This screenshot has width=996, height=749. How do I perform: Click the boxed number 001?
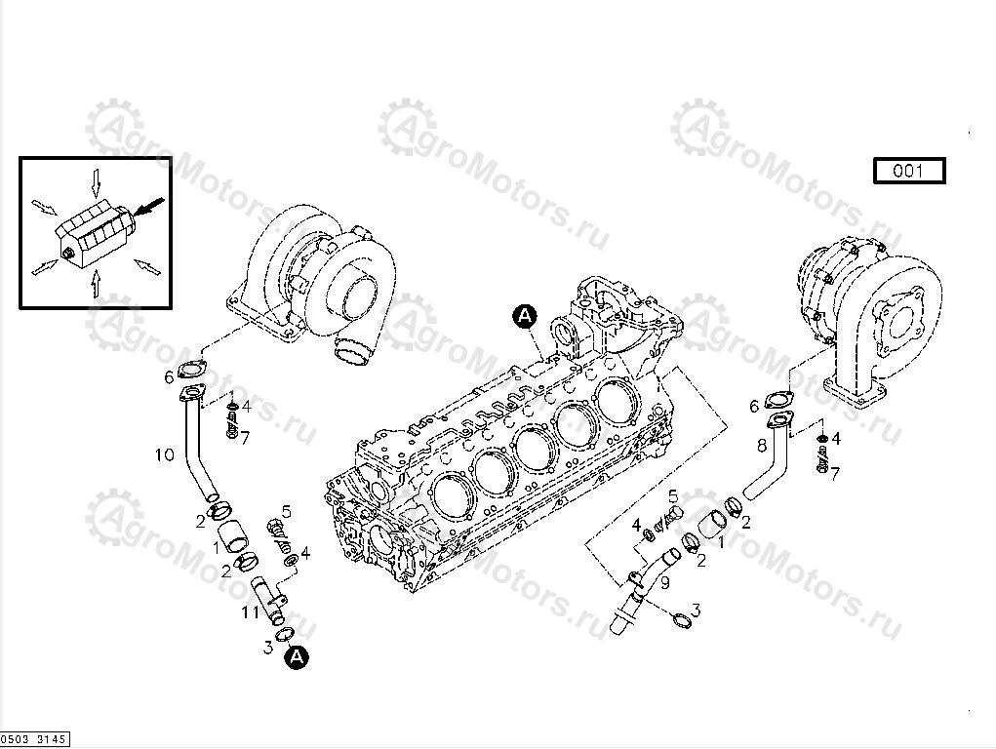click(908, 172)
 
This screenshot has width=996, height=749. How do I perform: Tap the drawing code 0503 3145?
click(34, 740)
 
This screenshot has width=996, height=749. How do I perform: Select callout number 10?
click(164, 454)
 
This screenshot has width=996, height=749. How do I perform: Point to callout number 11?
click(250, 612)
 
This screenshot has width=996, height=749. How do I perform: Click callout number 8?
click(762, 446)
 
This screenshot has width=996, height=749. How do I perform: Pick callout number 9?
click(664, 583)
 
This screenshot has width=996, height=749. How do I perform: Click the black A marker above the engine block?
click(525, 315)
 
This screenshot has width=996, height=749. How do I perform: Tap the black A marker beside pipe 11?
click(297, 657)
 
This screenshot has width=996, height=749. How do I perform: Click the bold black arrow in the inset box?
click(147, 207)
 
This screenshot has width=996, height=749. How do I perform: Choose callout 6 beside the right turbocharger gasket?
click(754, 406)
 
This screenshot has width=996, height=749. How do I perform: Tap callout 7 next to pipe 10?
click(244, 438)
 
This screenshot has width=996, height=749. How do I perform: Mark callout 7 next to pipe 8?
click(835, 473)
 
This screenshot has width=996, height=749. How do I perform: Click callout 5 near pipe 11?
click(287, 511)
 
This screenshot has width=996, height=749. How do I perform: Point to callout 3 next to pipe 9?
click(695, 611)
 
